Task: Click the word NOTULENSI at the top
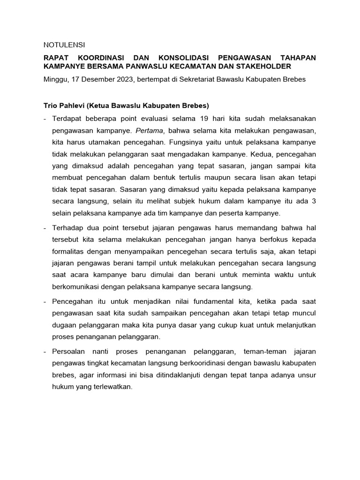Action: click(x=64, y=45)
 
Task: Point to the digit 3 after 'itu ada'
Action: click(x=314, y=202)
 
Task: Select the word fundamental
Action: click(x=187, y=300)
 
